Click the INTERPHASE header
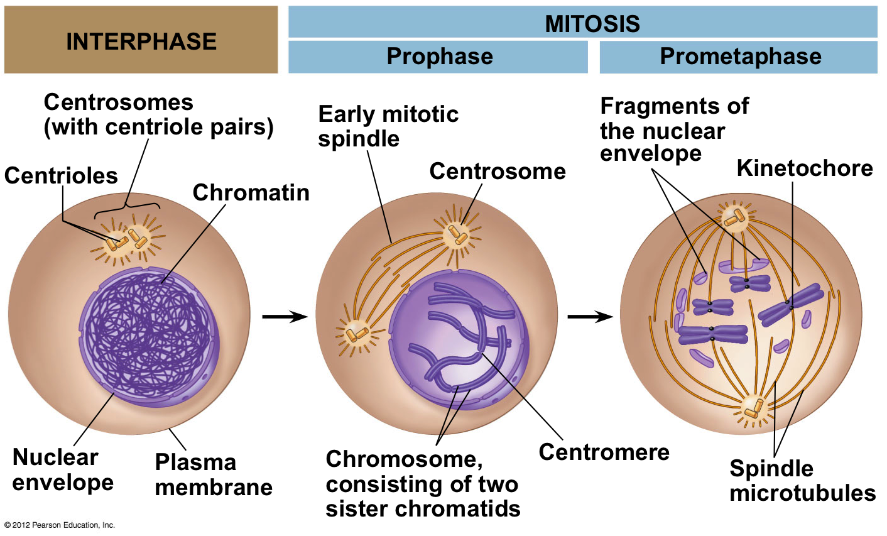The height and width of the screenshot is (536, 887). (141, 41)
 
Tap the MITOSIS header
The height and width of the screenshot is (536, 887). (592, 24)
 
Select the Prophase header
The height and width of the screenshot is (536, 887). (439, 57)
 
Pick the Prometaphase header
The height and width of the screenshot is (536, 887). (740, 57)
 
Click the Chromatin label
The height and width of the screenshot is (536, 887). (251, 192)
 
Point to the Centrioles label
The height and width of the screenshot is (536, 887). (61, 175)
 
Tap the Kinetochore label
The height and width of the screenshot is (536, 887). (805, 168)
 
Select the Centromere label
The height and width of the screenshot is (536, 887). (604, 452)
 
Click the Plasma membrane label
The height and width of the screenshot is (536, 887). (214, 474)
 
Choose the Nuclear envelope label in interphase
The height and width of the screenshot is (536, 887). (63, 469)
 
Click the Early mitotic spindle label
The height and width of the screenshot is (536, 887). (388, 126)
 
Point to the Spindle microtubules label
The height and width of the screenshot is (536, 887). (802, 481)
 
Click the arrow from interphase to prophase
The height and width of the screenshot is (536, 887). (284, 317)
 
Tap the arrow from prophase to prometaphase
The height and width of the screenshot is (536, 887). (590, 317)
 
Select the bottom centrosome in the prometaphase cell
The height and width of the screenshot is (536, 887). (753, 409)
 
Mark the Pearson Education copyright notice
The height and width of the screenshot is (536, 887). (60, 525)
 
